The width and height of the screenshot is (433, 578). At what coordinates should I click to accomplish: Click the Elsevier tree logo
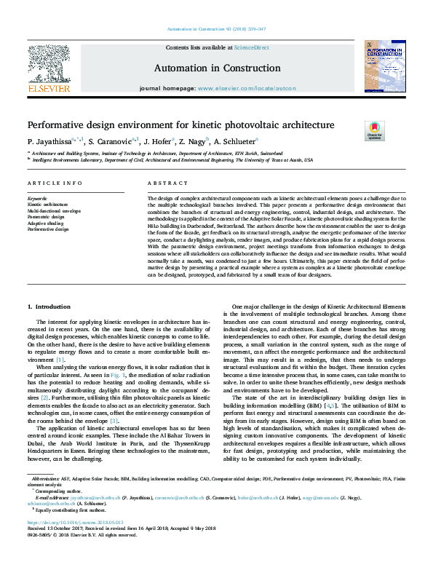click(48, 65)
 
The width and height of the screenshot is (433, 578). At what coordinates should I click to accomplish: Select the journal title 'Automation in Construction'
click(215, 68)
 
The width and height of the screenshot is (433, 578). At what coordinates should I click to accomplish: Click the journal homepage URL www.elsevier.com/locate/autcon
click(247, 88)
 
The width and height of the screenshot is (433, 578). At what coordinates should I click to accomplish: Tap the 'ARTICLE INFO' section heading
click(54, 184)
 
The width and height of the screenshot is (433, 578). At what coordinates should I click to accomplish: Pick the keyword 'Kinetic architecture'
click(46, 205)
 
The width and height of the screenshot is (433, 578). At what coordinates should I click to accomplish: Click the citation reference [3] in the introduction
click(114, 400)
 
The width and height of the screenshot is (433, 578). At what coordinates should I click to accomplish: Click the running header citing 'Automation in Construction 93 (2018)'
click(216, 28)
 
